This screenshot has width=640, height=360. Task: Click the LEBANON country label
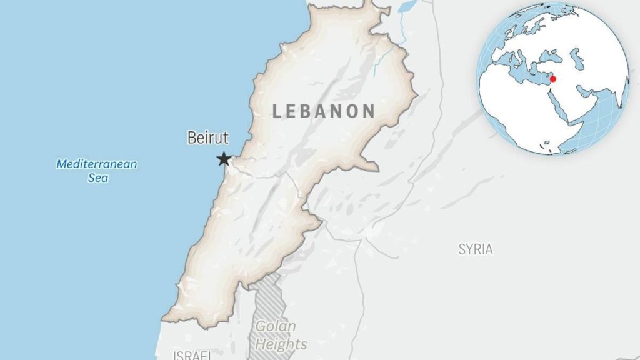(x=324, y=111)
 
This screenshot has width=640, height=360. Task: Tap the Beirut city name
(x=208, y=138)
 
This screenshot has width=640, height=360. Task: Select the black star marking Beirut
(x=224, y=159)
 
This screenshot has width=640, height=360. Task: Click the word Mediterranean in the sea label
(x=97, y=165)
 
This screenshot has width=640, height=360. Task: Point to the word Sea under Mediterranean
(x=97, y=177)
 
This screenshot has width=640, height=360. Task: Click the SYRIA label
(x=476, y=249)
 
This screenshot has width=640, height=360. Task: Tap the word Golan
(x=276, y=326)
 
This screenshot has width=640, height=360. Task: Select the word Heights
(x=281, y=344)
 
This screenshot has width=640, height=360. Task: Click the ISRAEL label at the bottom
(x=192, y=355)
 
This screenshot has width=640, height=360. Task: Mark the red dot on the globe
(x=552, y=79)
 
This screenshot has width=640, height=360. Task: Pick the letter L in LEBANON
(x=277, y=112)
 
